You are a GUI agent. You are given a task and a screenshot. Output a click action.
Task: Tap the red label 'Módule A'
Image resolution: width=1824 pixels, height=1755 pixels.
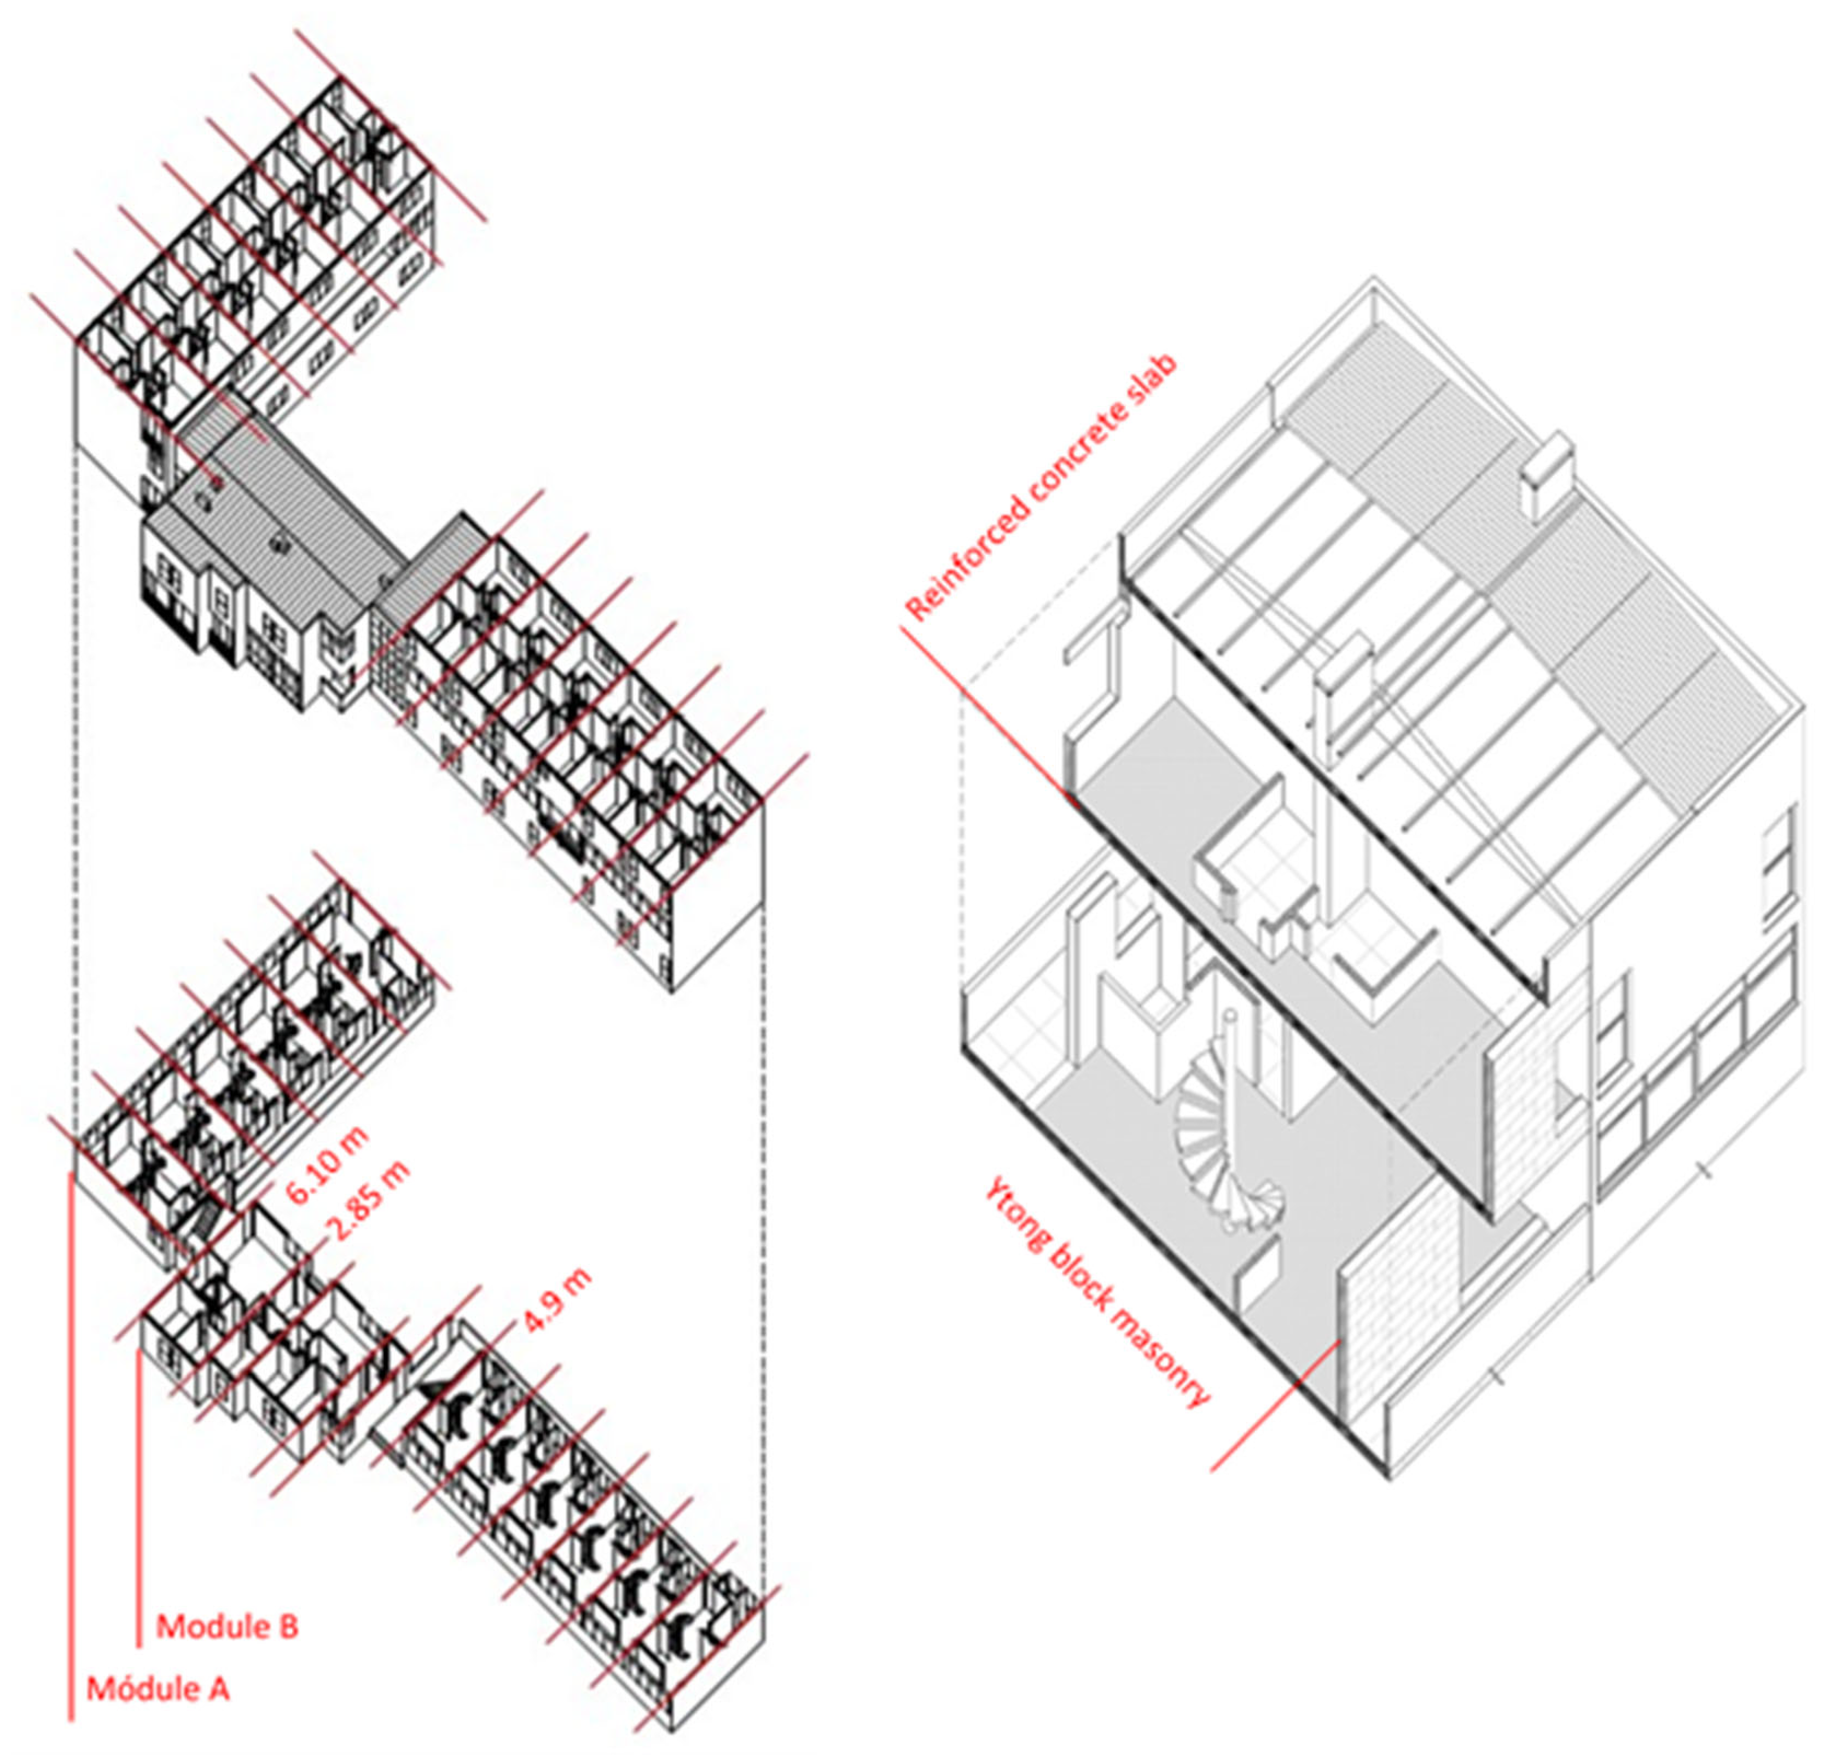tap(158, 1688)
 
